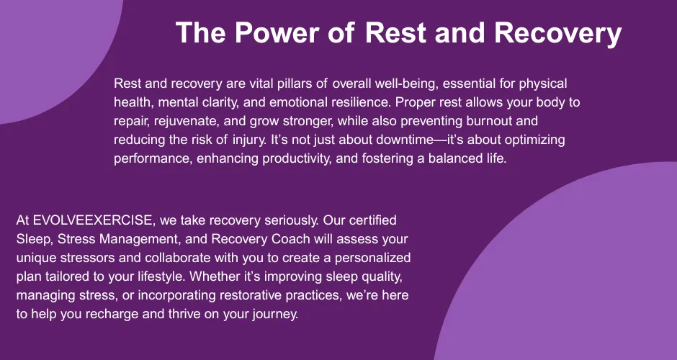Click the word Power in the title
[x=277, y=32]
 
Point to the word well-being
[x=407, y=84]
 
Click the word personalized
[x=372, y=258]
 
